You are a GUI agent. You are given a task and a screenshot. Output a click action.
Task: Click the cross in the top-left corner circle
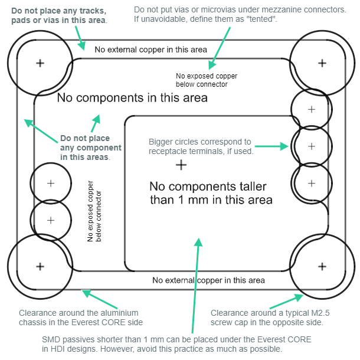coord(40,63)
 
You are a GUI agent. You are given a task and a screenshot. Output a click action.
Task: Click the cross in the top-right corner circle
coord(322,63)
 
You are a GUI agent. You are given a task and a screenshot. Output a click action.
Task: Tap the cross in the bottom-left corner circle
coord(40,266)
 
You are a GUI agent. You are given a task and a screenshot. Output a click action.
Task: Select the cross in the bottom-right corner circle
coord(322,266)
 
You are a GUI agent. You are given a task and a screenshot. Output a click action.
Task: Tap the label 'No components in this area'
coord(132,98)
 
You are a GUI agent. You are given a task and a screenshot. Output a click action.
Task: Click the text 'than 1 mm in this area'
coord(211,199)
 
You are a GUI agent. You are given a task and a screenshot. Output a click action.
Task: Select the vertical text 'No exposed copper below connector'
coord(94,216)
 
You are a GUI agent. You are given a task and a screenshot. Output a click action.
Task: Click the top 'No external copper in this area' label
coord(150,49)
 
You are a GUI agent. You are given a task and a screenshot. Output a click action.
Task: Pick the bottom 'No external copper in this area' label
coord(208,280)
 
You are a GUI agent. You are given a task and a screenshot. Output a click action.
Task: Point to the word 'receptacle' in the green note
coord(169,151)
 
